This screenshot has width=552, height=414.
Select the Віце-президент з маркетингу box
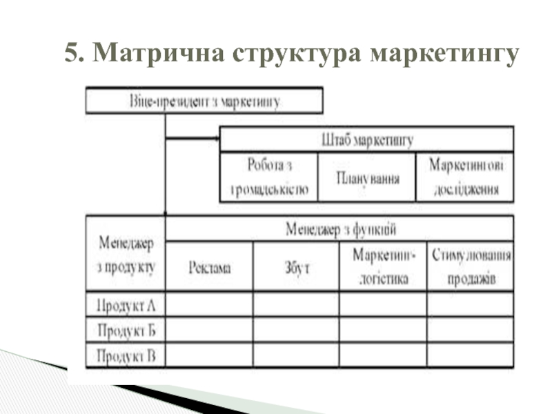pos(204,101)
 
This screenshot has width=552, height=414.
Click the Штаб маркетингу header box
pos(366,140)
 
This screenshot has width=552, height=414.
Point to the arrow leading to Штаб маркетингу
pos(193,138)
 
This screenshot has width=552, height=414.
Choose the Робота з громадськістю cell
pos(269,177)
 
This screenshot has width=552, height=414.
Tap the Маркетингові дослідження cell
pos(465,177)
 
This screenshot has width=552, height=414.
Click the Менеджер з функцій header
pos(340,228)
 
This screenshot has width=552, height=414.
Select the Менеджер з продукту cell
pos(126,253)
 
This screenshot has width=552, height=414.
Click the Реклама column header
pos(210,267)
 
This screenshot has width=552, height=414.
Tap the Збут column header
pos(297,267)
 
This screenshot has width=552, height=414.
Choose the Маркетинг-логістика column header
pos(384,267)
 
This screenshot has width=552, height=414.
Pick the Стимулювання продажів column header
pos(470,267)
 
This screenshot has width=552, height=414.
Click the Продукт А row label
pos(126,304)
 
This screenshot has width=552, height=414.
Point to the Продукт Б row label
pos(126,330)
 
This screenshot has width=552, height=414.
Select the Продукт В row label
pos(126,355)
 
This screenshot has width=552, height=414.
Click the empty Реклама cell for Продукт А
pos(210,304)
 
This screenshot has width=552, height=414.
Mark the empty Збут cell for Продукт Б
pos(297,330)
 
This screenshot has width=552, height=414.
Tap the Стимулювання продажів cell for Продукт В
pos(470,355)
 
